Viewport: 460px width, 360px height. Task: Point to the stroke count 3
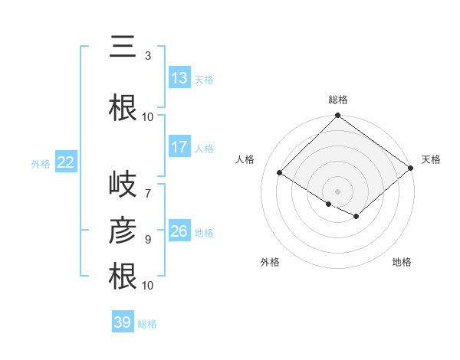click(148, 56)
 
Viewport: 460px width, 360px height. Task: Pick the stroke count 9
click(148, 239)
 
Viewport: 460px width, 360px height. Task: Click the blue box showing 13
click(179, 78)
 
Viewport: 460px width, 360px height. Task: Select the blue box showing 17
click(179, 147)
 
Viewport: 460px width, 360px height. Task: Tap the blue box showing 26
click(179, 231)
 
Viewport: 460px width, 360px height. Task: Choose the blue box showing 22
click(66, 162)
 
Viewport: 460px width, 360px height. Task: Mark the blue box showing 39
click(122, 322)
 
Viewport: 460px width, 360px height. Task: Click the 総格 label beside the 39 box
click(147, 324)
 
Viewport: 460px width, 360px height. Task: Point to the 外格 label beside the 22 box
click(41, 163)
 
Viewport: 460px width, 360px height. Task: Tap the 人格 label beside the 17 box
click(204, 148)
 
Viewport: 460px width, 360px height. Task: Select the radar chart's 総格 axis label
click(338, 100)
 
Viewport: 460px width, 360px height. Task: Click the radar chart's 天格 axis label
click(431, 159)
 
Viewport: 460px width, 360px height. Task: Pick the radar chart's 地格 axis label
click(402, 262)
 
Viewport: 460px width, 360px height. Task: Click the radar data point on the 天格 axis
click(410, 168)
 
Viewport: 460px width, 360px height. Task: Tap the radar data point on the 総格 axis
click(337, 116)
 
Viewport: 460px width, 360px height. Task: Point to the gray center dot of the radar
click(337, 190)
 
